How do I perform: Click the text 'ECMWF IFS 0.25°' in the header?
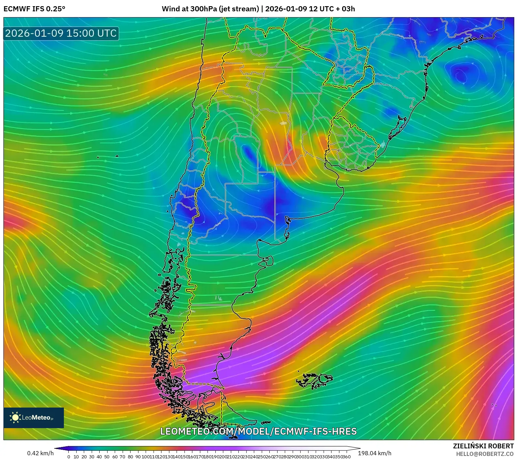click(34, 9)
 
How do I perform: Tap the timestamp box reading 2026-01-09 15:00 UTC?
click(61, 33)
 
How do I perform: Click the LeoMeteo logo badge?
click(34, 417)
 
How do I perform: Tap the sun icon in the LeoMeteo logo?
click(15, 417)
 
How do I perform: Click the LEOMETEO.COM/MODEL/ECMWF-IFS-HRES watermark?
click(258, 431)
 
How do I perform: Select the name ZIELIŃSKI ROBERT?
click(483, 446)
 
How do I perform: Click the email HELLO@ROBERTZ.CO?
click(485, 454)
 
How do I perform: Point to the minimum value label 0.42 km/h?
click(41, 453)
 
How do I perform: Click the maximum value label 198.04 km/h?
click(374, 453)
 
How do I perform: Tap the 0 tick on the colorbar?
click(69, 457)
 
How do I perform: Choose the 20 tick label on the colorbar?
click(84, 457)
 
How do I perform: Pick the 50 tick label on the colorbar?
click(107, 457)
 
